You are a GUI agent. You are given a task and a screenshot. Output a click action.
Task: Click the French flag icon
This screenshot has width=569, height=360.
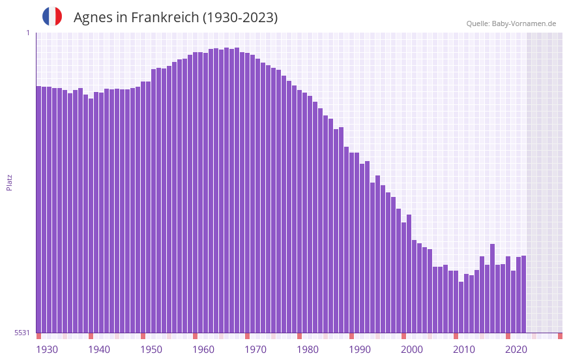[52, 17]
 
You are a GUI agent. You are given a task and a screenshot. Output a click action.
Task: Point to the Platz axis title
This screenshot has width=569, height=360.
[9, 182]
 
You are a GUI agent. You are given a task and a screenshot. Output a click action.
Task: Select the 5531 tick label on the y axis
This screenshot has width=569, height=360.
[22, 333]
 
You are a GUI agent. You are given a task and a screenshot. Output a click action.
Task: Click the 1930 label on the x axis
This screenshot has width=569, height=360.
[47, 350]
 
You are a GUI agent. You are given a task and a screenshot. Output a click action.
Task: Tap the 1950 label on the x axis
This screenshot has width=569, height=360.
[151, 350]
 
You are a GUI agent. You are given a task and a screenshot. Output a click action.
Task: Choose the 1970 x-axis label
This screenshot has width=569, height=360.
[255, 350]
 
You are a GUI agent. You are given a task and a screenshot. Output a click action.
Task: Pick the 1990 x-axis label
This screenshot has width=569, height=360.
[360, 350]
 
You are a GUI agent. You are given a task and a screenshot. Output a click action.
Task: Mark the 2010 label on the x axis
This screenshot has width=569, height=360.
[464, 350]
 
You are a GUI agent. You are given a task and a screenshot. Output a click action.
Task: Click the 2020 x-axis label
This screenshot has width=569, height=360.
[516, 350]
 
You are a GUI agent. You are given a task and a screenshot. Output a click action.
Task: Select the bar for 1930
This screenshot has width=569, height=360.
[39, 209]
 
